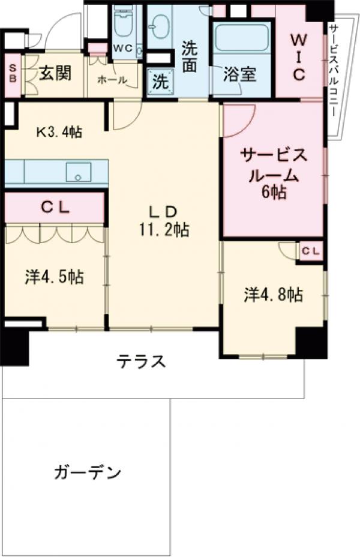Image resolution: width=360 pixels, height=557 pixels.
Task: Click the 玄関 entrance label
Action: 55,74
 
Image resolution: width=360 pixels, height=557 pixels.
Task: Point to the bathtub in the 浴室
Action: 242,37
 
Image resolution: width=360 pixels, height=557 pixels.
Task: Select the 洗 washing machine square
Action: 160,82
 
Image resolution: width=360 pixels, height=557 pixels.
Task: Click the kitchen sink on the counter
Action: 77,172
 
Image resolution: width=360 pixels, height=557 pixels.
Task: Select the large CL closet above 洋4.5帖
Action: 55,208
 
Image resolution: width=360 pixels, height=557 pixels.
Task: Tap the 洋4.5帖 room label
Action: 54,277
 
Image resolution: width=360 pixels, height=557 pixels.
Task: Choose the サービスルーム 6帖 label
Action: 274,174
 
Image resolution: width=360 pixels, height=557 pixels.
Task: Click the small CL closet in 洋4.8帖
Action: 310,251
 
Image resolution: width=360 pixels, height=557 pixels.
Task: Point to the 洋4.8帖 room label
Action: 273,295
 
